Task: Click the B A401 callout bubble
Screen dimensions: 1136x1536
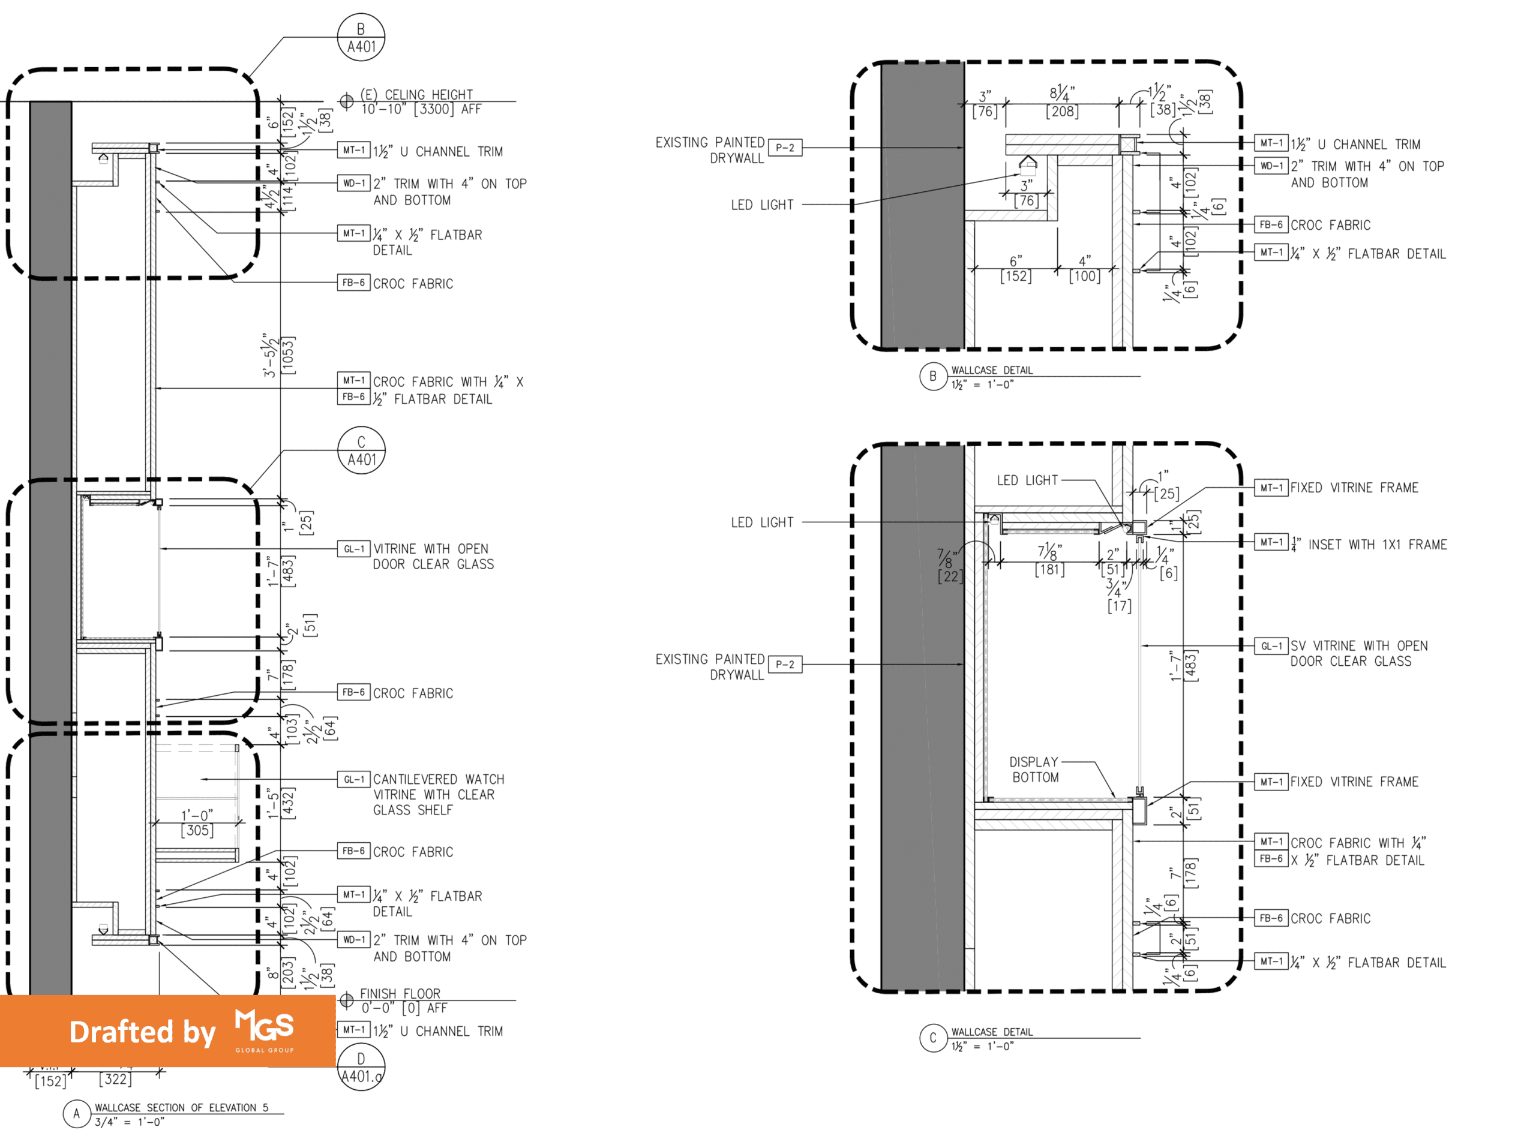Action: click(361, 38)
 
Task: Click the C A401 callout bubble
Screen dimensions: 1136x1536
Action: click(361, 451)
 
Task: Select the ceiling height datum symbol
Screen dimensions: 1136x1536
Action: click(347, 102)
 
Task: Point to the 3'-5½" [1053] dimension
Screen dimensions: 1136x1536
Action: click(278, 355)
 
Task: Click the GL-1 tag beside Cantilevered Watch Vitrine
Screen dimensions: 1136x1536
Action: click(353, 780)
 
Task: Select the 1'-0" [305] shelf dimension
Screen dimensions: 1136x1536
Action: click(197, 823)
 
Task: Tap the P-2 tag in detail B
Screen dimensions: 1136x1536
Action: click(785, 148)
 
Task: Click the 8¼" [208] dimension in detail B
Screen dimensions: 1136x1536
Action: click(1062, 103)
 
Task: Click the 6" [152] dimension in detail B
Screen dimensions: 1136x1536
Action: click(1016, 269)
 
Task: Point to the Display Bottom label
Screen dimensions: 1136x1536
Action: click(1034, 770)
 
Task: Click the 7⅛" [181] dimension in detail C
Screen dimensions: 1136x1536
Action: click(1049, 560)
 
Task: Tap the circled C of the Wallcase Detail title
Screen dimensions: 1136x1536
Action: click(933, 1038)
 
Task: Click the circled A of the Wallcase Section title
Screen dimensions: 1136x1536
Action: click(76, 1114)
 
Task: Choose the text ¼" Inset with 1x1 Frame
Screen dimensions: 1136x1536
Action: click(1369, 545)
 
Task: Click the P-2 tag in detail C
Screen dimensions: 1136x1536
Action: click(785, 665)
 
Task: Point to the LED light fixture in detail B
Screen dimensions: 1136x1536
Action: click(1028, 165)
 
